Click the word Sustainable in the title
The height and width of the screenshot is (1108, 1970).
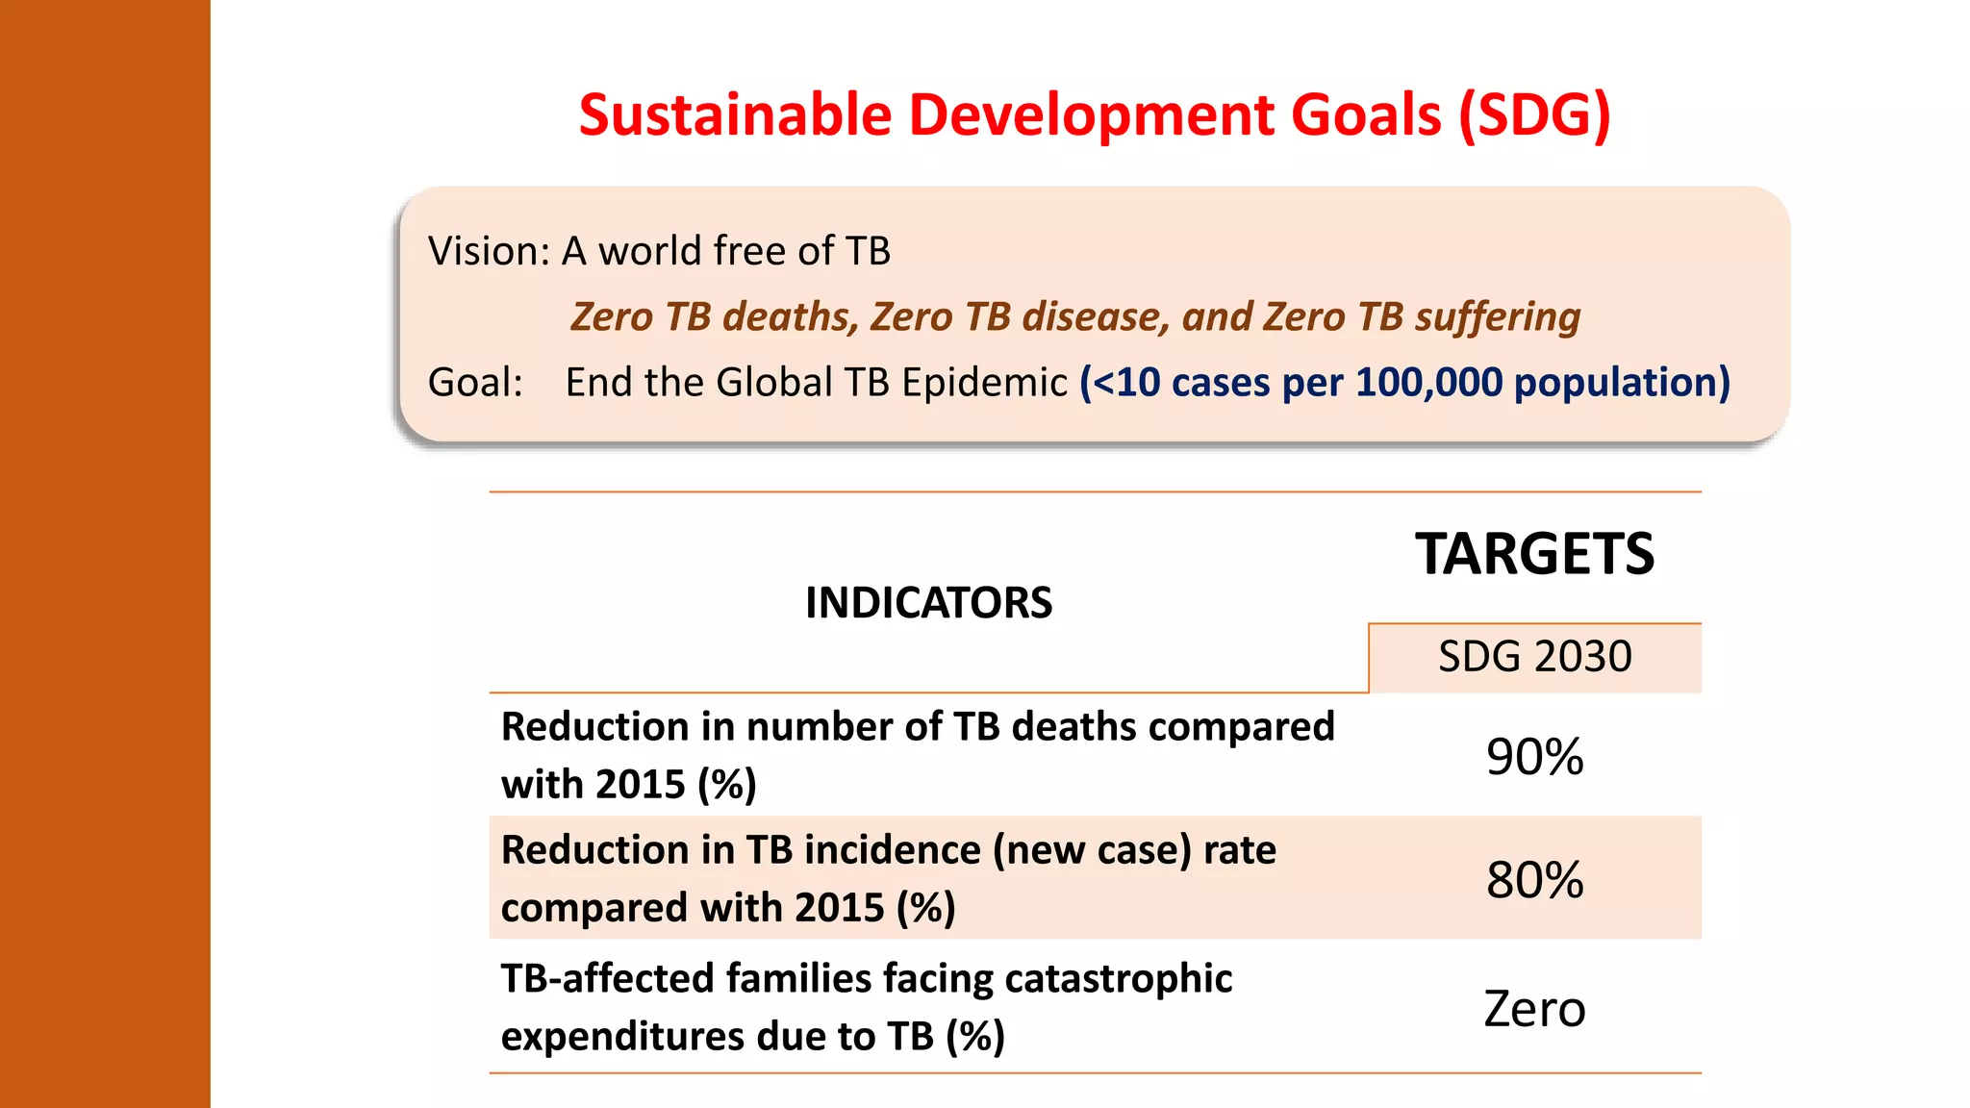click(x=735, y=115)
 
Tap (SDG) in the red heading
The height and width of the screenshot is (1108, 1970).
click(x=1533, y=115)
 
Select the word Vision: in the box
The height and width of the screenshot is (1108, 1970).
click(x=489, y=251)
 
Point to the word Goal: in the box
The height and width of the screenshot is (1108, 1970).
click(x=475, y=383)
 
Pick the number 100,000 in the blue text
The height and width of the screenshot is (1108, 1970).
click(x=1427, y=383)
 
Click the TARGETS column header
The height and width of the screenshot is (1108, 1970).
click(x=1534, y=555)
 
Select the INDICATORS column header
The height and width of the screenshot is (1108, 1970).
click(x=928, y=603)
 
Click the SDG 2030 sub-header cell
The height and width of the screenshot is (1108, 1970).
click(x=1534, y=657)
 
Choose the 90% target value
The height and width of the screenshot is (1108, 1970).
click(x=1534, y=757)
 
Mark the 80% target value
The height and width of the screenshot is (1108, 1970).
click(x=1534, y=880)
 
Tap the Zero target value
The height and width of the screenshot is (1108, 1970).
click(x=1534, y=1009)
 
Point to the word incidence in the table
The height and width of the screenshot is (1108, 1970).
click(x=892, y=850)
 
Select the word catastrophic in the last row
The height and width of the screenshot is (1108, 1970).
click(x=1118, y=979)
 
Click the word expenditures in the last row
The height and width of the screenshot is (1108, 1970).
click(x=622, y=1037)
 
